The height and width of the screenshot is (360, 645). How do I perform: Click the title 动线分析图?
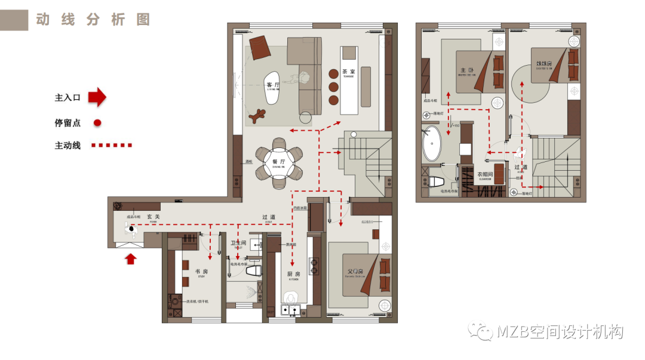(x=93, y=19)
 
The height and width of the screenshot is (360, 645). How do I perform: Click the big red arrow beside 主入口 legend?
(x=97, y=97)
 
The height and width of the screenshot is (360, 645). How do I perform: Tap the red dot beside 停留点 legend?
(x=97, y=122)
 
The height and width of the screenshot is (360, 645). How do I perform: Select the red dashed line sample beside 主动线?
(x=112, y=145)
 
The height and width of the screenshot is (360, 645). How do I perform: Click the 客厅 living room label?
(x=273, y=85)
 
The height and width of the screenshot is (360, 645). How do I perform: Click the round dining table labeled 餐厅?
(x=279, y=163)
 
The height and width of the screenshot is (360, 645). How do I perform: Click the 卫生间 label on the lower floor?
(x=238, y=243)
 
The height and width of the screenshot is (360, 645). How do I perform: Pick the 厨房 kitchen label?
(x=293, y=275)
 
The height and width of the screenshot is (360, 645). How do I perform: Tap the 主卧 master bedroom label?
(x=467, y=70)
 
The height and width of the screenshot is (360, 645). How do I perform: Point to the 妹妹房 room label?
(x=543, y=63)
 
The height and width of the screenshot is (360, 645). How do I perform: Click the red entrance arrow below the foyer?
(x=131, y=259)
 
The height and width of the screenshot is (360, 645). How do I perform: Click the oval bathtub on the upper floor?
(x=431, y=144)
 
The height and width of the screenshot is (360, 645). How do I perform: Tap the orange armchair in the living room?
(x=260, y=47)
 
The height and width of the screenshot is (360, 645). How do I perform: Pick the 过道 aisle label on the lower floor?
(x=269, y=217)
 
